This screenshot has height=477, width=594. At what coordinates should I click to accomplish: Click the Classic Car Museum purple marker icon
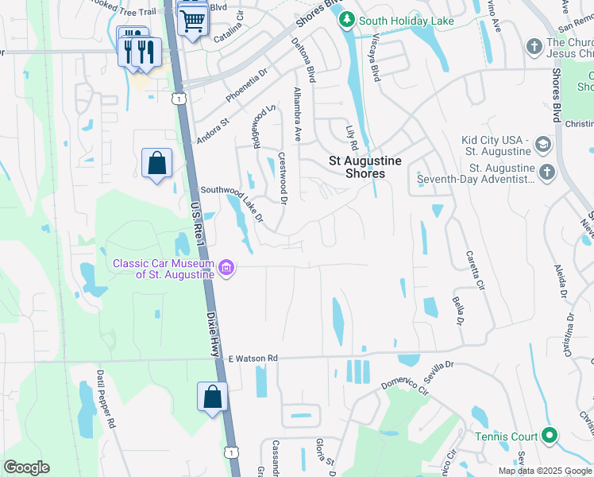(226, 269)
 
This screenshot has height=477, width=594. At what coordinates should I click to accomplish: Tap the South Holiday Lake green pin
(347, 21)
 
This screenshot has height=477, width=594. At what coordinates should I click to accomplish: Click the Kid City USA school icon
(542, 145)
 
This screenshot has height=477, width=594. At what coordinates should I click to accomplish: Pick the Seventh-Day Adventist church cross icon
(546, 172)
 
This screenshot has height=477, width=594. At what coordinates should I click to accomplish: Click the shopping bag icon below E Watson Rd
(212, 397)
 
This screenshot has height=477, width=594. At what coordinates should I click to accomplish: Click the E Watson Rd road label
(253, 359)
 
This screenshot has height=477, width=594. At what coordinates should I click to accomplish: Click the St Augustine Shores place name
(365, 167)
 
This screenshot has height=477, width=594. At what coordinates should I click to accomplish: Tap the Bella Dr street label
(458, 310)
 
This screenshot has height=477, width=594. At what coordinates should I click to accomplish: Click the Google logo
(26, 467)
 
